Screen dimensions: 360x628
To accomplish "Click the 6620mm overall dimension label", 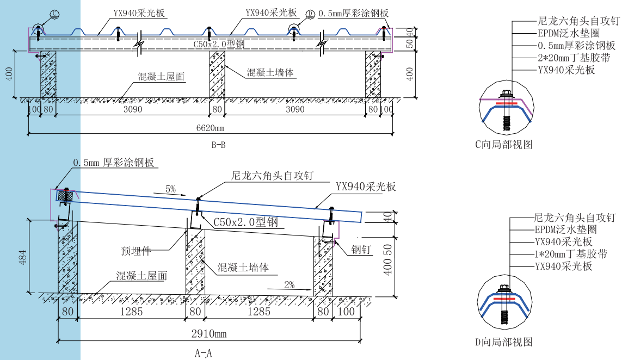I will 211,128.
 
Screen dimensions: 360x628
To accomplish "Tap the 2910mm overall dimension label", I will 210,334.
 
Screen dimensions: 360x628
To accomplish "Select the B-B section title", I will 218,145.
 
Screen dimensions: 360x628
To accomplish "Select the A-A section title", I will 203,353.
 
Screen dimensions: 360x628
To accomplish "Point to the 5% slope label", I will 170,189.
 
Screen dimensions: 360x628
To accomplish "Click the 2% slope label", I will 288,284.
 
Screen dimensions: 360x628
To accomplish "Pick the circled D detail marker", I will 310,14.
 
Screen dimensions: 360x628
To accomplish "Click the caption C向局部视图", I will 503,144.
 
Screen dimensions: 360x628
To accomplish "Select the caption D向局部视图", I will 503,342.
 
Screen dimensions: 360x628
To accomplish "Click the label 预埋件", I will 136,251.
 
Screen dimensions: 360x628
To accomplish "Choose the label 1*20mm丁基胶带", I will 570,254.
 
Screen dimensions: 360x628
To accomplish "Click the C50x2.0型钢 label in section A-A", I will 245,222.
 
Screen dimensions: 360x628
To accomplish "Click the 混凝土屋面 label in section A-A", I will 141,276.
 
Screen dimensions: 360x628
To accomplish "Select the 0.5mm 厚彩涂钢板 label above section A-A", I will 114,163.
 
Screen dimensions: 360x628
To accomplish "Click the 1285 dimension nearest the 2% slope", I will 258,312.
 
